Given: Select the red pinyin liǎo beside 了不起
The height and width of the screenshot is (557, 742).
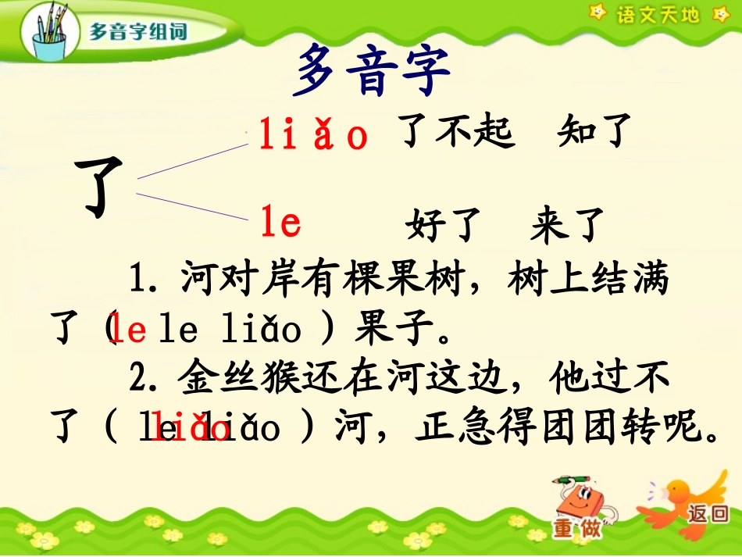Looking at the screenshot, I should coord(313,136).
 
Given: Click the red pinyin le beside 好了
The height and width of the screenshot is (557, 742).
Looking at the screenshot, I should coord(280,224).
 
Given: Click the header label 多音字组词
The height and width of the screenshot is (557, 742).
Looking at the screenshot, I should coord(138,33).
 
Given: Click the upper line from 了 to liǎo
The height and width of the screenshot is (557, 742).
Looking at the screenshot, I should coord(191,162).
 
